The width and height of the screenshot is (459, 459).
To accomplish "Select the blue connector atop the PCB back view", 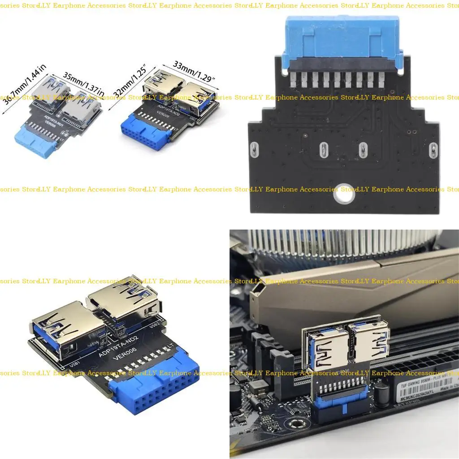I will point(342,40).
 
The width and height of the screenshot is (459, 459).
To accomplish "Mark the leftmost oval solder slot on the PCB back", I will point(253,150).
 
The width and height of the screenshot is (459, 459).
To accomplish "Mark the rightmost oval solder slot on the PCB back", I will point(433,150).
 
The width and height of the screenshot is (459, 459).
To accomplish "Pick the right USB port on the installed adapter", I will point(370,343).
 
